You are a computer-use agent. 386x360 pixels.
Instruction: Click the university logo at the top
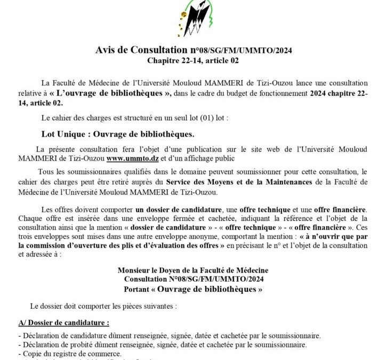point(193,19)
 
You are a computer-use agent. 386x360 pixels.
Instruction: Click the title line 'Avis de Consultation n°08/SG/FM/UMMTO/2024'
point(193,51)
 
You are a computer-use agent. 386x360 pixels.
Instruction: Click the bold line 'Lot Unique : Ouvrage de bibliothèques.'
point(118,133)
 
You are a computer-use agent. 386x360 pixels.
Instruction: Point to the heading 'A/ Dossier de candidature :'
point(63,323)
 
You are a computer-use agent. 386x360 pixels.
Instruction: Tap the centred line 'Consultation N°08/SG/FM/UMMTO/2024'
point(193,280)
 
